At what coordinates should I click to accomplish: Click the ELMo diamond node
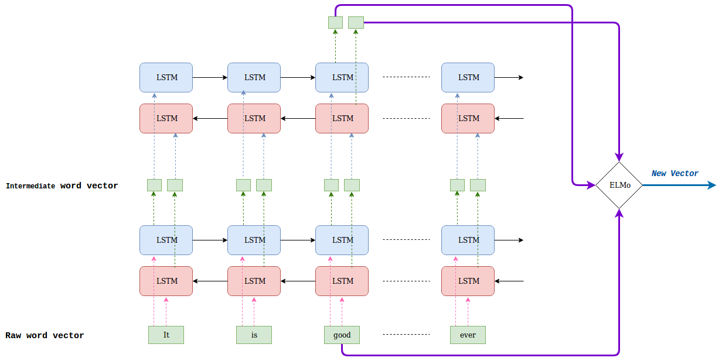click(619, 185)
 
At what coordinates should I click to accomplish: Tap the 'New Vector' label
click(675, 173)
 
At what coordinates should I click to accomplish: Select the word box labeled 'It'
click(166, 335)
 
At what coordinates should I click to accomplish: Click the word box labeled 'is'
click(254, 335)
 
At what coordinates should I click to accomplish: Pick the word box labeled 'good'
click(342, 335)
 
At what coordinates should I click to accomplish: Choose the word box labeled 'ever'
click(468, 335)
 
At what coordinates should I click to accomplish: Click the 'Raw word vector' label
click(45, 335)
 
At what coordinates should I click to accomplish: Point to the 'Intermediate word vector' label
click(62, 185)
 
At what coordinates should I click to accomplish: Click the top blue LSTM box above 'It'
click(166, 77)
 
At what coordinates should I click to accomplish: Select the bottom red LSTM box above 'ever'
click(468, 281)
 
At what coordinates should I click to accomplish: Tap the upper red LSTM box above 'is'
click(254, 118)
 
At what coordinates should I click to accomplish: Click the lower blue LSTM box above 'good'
click(342, 240)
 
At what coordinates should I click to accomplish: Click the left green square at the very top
click(335, 22)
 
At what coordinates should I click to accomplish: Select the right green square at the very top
click(356, 22)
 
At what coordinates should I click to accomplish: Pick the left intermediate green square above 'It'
click(154, 185)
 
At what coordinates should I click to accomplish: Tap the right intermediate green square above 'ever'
click(478, 185)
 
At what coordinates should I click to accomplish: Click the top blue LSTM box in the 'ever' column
click(468, 77)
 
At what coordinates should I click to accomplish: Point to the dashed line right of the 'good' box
click(406, 335)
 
